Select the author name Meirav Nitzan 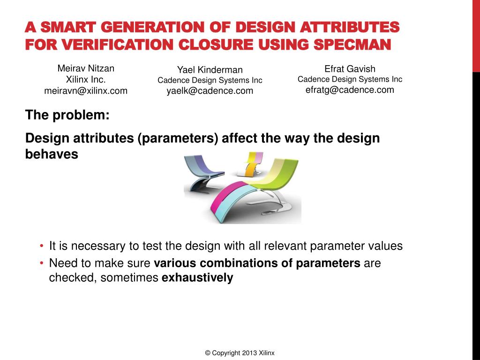click(86, 68)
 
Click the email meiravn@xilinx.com click(86, 91)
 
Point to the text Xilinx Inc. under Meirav click(86, 80)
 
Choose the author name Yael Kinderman click(210, 70)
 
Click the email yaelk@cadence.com click(210, 91)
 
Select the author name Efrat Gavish click(350, 69)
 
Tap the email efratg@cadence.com click(350, 90)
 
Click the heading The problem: click(67, 115)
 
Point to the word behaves click(51, 154)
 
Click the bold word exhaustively click(197, 278)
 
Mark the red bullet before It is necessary click(41, 246)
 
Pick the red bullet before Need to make click(41, 263)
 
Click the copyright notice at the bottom click(240, 353)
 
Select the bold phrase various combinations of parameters click(257, 263)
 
